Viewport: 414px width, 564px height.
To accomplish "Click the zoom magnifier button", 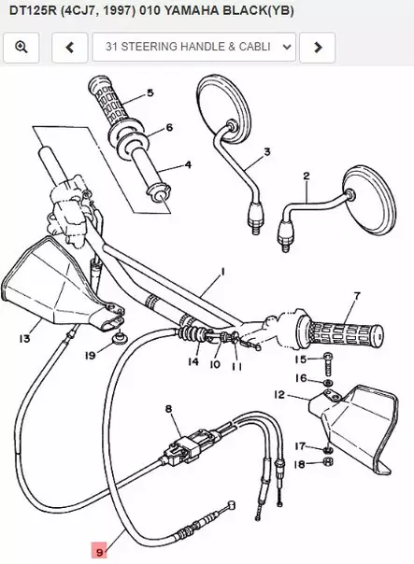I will (x=21, y=46).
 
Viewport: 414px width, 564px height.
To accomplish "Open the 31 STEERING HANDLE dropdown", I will (x=199, y=46).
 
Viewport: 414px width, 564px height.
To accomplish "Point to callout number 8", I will (x=168, y=409).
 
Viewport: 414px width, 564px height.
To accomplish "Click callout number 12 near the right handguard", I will (x=279, y=396).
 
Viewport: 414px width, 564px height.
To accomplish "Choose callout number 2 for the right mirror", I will (x=306, y=175).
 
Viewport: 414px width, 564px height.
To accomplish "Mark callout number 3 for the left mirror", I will (x=266, y=151).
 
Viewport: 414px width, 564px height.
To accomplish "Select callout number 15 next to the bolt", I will (x=300, y=359).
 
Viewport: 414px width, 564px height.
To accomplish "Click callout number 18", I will (x=300, y=464).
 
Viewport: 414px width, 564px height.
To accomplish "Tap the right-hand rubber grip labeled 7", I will (x=341, y=331).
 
